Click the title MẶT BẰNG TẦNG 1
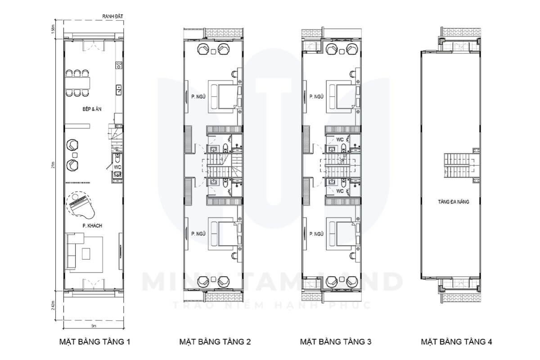[x=94, y=342]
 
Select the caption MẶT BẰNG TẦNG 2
[x=215, y=342]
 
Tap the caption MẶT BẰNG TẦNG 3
[x=336, y=342]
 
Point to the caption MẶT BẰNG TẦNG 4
[x=456, y=342]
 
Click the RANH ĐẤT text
[x=112, y=17]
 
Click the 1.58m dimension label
[x=53, y=29]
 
